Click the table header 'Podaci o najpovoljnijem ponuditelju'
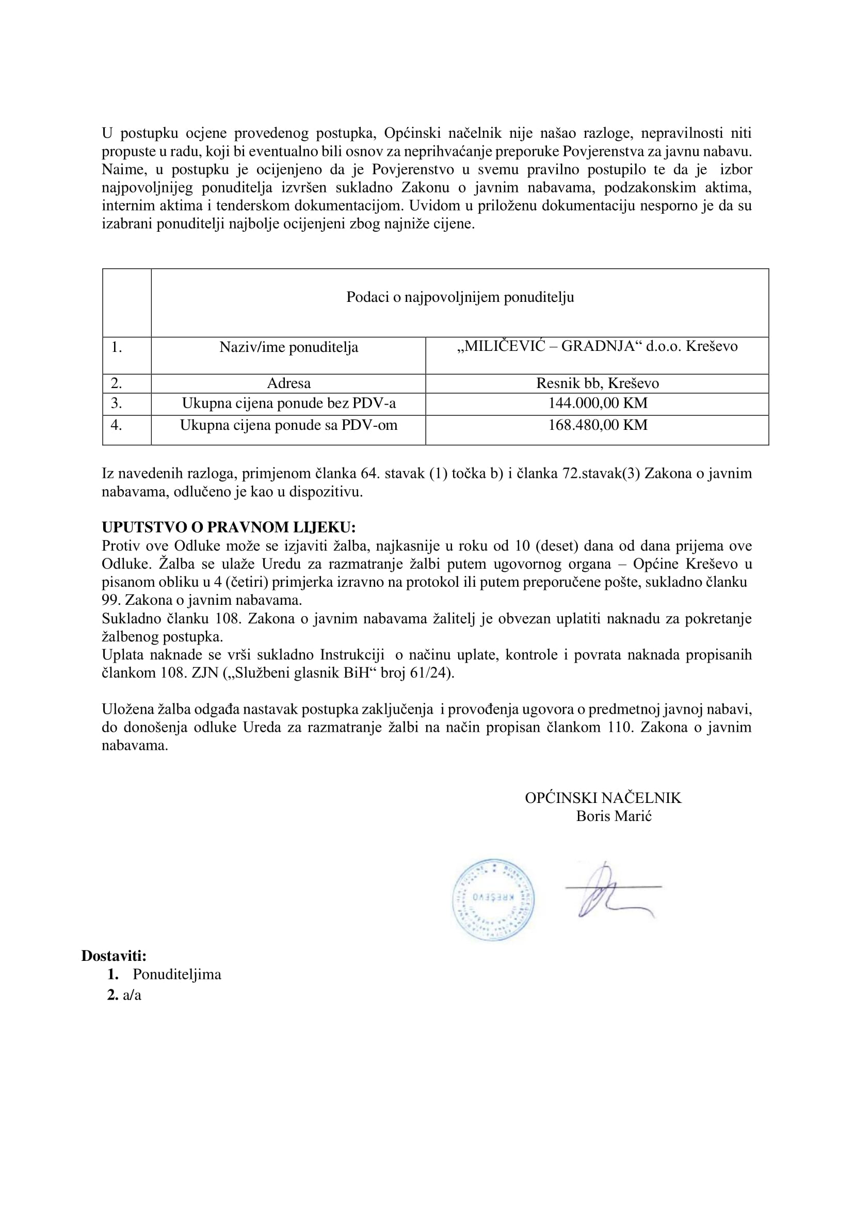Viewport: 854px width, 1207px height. [x=460, y=297]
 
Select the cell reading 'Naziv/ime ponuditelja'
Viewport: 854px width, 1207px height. [x=288, y=348]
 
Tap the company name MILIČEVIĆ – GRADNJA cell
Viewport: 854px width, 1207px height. [x=597, y=347]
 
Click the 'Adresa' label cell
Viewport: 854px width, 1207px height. [x=288, y=383]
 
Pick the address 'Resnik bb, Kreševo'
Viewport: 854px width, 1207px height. [x=598, y=383]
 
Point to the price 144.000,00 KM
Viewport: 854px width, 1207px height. [x=598, y=404]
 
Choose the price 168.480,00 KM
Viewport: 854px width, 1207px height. [x=598, y=425]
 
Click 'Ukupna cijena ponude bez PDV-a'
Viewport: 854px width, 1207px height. [x=288, y=404]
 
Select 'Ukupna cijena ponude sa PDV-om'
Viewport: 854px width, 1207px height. [x=288, y=425]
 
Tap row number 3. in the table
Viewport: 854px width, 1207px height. [x=116, y=404]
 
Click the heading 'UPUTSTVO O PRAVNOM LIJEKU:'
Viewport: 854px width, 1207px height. [x=229, y=527]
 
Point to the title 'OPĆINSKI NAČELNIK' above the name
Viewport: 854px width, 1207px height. [x=603, y=798]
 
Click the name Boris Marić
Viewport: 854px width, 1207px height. [x=614, y=816]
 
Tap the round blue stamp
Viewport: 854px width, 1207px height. [x=493, y=899]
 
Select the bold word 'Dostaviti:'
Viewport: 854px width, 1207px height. [x=114, y=956]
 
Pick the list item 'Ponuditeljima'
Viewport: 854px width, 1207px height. [x=176, y=975]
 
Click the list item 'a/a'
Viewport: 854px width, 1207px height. [x=132, y=995]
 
